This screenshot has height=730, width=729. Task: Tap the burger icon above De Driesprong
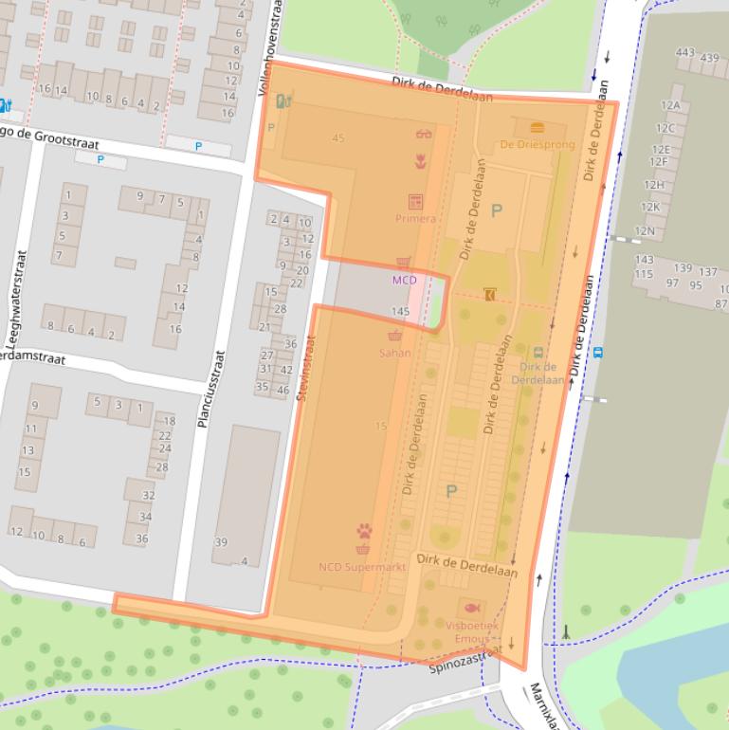(537, 127)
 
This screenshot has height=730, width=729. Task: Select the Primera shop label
(415, 218)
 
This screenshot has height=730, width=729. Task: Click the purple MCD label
(404, 280)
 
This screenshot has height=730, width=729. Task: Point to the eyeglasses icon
(423, 134)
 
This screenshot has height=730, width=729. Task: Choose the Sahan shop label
(394, 353)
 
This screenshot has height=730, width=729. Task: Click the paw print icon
(364, 531)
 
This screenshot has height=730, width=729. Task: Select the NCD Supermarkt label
(362, 567)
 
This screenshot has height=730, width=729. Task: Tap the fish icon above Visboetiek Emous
(471, 608)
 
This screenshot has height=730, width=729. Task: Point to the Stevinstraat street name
(305, 374)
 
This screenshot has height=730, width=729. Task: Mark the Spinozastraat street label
(465, 661)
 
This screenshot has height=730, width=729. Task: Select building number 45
(338, 138)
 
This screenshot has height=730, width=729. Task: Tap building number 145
(399, 311)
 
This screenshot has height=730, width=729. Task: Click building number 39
(221, 542)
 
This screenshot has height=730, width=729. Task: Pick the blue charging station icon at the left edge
(4, 105)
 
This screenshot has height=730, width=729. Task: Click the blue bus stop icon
(598, 352)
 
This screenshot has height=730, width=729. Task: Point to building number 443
(685, 53)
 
